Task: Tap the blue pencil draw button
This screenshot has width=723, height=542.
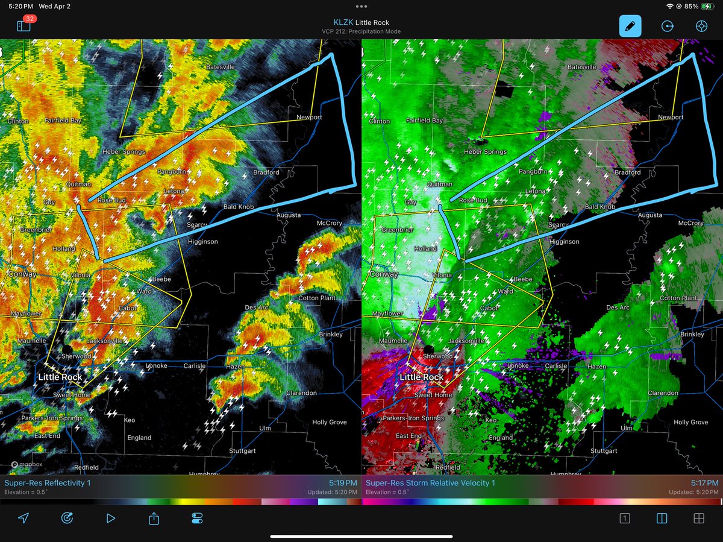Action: coord(630,27)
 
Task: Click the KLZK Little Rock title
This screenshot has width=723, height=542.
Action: coord(361,22)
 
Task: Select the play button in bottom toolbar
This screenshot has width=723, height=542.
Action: coord(110,518)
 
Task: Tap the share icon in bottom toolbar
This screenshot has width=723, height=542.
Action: coord(154,518)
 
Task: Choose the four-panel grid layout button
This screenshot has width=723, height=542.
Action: coord(699,518)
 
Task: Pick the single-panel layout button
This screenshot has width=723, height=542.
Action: coord(625,518)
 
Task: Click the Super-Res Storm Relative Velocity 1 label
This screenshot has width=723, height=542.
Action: coord(430,483)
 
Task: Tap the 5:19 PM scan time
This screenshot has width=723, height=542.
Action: coord(343,483)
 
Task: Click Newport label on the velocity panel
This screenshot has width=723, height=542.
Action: coord(671,117)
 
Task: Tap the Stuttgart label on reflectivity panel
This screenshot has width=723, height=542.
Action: coord(246,450)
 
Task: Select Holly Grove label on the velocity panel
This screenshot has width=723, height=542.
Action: coord(690,422)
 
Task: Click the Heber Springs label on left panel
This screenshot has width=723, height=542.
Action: coord(124,152)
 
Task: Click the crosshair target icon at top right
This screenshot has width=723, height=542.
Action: coord(701,27)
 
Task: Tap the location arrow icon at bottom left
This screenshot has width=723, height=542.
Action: coord(23,518)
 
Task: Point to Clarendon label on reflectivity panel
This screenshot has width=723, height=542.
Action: coord(301,392)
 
